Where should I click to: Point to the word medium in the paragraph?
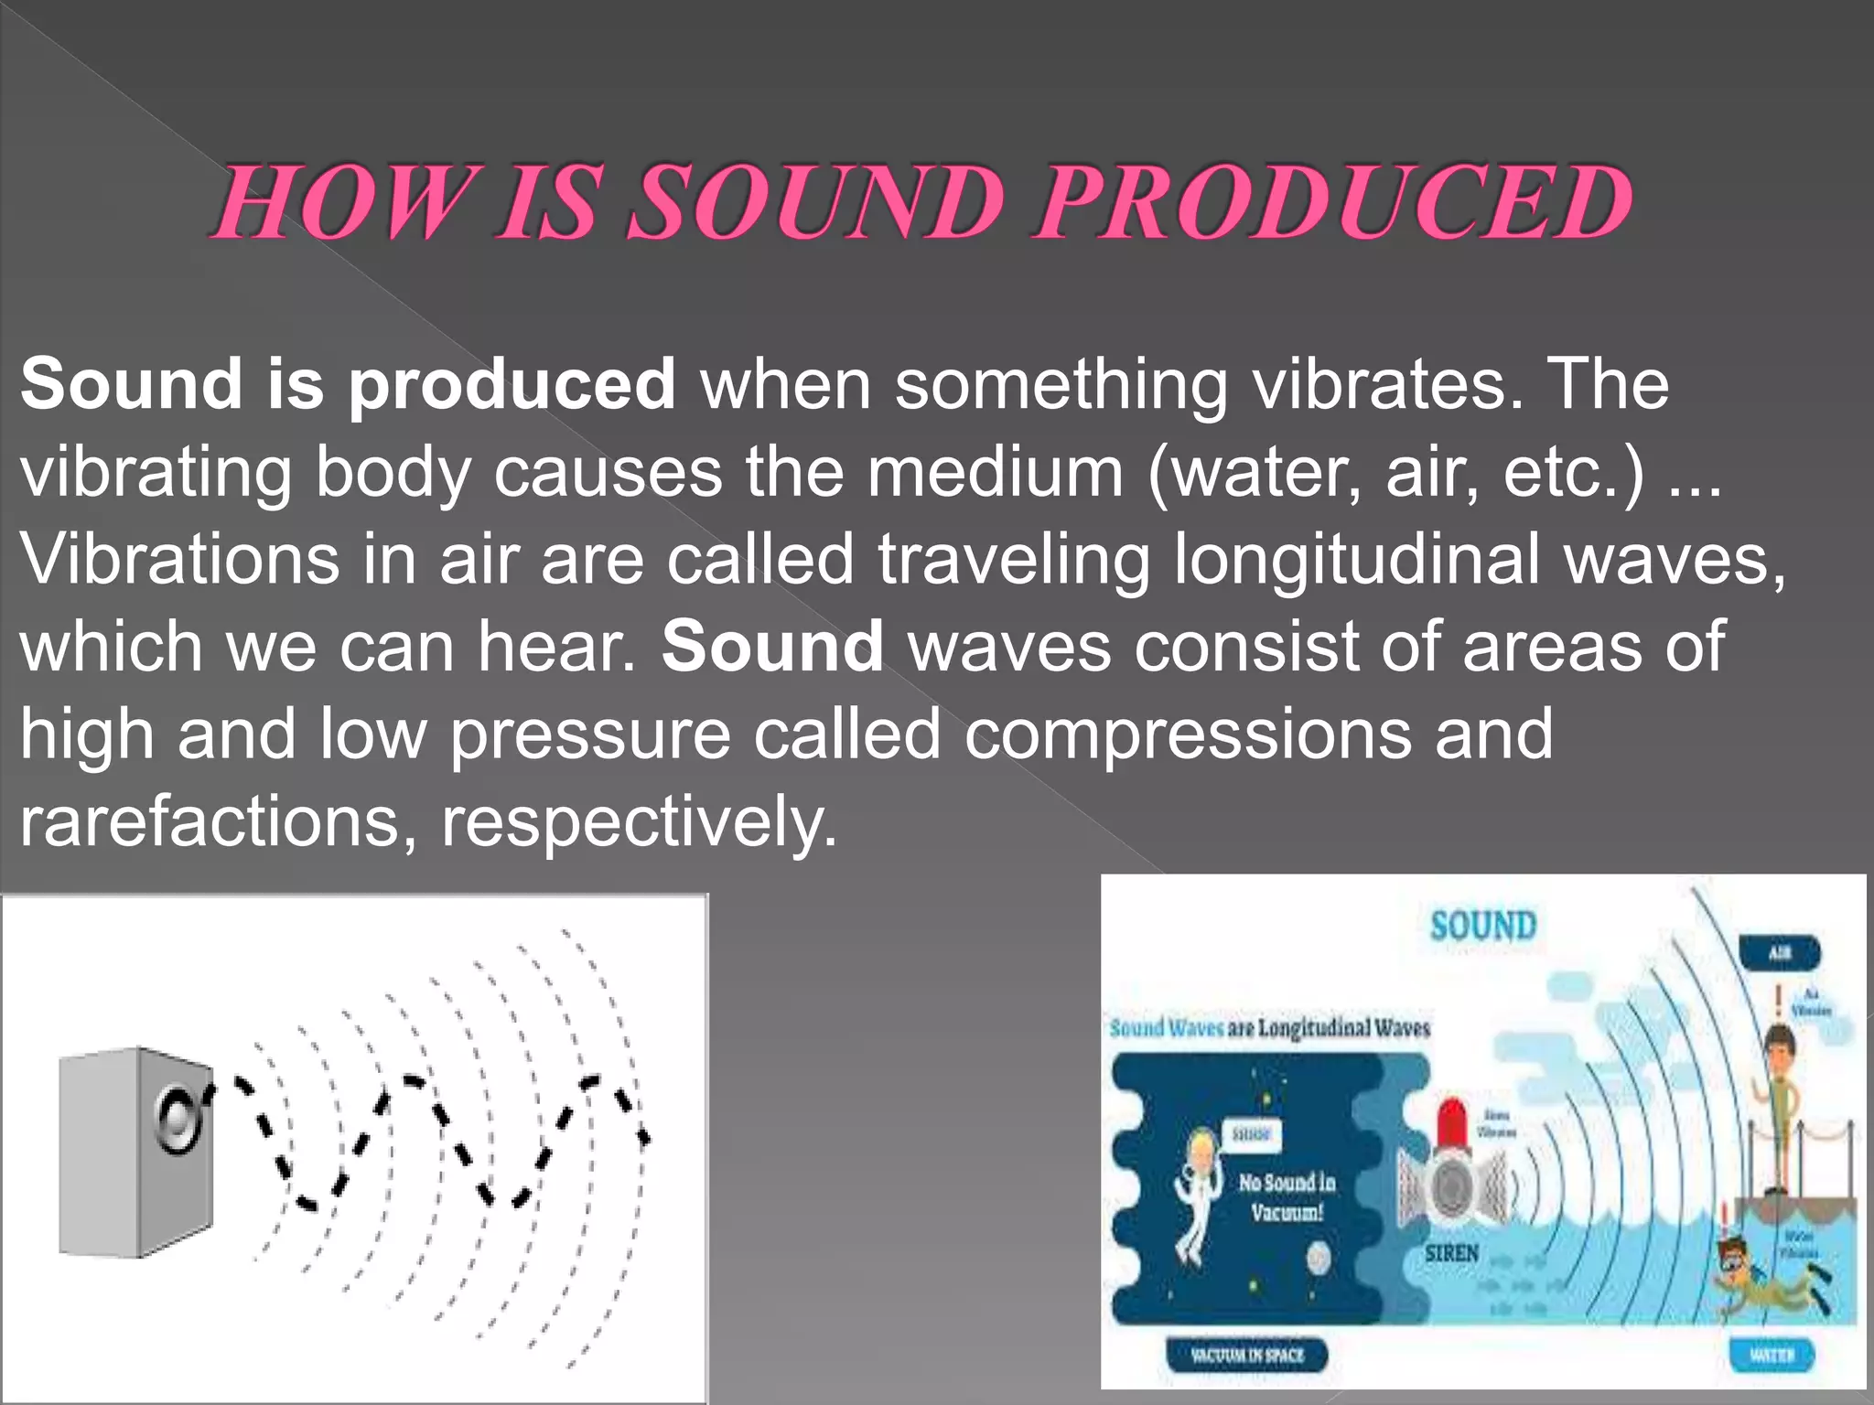point(995,472)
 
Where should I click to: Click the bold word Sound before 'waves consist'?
point(772,647)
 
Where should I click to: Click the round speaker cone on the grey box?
point(178,1120)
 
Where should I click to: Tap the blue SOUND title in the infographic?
point(1482,926)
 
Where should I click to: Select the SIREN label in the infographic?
point(1451,1252)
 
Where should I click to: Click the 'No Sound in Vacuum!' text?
point(1287,1196)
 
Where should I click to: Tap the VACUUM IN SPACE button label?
point(1246,1355)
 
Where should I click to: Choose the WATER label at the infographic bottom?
point(1772,1355)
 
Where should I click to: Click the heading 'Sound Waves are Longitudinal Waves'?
point(1270,1028)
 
